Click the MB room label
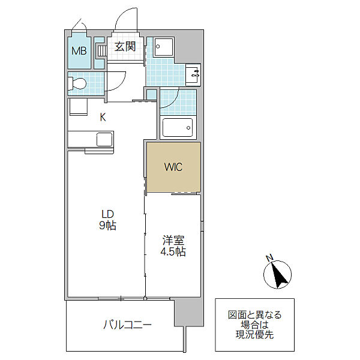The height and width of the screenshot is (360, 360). pyautogui.click(x=79, y=51)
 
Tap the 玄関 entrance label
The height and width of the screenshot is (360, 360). pyautogui.click(x=125, y=46)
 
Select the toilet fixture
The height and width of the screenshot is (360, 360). pyautogui.click(x=77, y=83)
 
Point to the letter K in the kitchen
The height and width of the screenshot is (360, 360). pyautogui.click(x=103, y=118)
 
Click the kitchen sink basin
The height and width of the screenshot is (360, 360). pyautogui.click(x=104, y=139)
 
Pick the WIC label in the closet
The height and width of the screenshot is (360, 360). pyautogui.click(x=173, y=167)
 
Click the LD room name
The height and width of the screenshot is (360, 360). pyautogui.click(x=108, y=214)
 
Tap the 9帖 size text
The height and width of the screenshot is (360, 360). pyautogui.click(x=107, y=226)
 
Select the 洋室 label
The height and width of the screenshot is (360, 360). pyautogui.click(x=173, y=240)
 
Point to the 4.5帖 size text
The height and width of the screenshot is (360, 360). pyautogui.click(x=173, y=251)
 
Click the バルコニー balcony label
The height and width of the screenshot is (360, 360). pyautogui.click(x=127, y=325)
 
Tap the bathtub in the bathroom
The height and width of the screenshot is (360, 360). pyautogui.click(x=178, y=128)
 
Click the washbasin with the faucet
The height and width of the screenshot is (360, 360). pyautogui.click(x=193, y=74)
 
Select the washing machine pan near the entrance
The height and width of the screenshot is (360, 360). pyautogui.click(x=164, y=47)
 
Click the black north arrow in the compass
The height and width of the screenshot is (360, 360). pyautogui.click(x=278, y=275)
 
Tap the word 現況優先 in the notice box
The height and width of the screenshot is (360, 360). pyautogui.click(x=254, y=335)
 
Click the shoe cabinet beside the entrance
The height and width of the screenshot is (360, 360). pyautogui.click(x=100, y=53)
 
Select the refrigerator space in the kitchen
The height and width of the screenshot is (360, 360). pyautogui.click(x=78, y=107)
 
